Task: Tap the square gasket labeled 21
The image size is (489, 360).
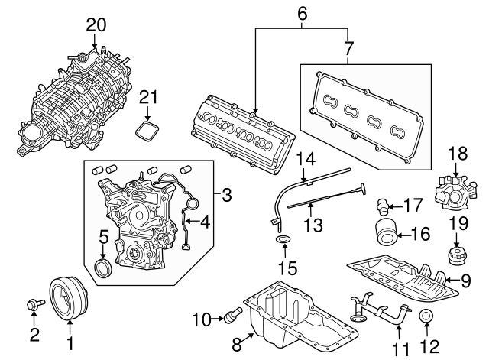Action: (148, 128)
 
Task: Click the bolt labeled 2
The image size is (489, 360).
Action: (35, 304)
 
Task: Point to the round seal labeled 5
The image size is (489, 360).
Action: (102, 268)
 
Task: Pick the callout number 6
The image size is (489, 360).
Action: (301, 13)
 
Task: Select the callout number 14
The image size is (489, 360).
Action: (306, 159)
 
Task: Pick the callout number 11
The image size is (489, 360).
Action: (398, 349)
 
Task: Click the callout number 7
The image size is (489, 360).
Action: (348, 48)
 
